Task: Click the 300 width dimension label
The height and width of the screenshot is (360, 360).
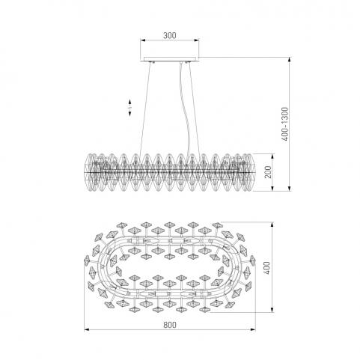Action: point(170,35)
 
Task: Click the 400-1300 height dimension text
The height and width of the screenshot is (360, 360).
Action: point(284,124)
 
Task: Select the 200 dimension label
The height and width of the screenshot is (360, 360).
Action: point(268,172)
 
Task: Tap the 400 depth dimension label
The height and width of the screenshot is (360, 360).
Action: point(266,268)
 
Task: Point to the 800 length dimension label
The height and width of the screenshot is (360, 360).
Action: point(170,325)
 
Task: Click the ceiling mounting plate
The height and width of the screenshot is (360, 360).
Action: point(171,59)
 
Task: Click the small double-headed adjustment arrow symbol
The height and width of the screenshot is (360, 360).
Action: point(130,108)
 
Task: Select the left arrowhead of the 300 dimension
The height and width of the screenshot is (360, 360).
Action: point(143,40)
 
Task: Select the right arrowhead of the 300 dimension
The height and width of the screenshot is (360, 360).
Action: point(196,40)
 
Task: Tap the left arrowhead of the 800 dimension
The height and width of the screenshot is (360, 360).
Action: point(87,329)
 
